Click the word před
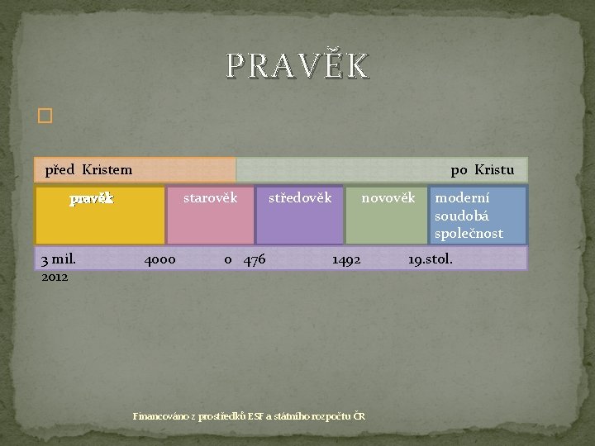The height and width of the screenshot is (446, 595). pos(59,171)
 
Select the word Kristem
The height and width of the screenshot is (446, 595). pos(107,171)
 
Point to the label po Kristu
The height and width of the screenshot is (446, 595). pos(482,171)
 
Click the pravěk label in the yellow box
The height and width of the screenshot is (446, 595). pos(92,199)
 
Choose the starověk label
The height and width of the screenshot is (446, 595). pos(210,198)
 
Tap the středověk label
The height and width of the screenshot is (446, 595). pos(300,198)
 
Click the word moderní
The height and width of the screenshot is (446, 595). pos(461,199)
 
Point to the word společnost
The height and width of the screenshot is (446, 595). pos(469,234)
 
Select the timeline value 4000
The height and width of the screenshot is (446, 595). pos(159,260)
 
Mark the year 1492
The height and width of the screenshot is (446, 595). pos(346,260)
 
